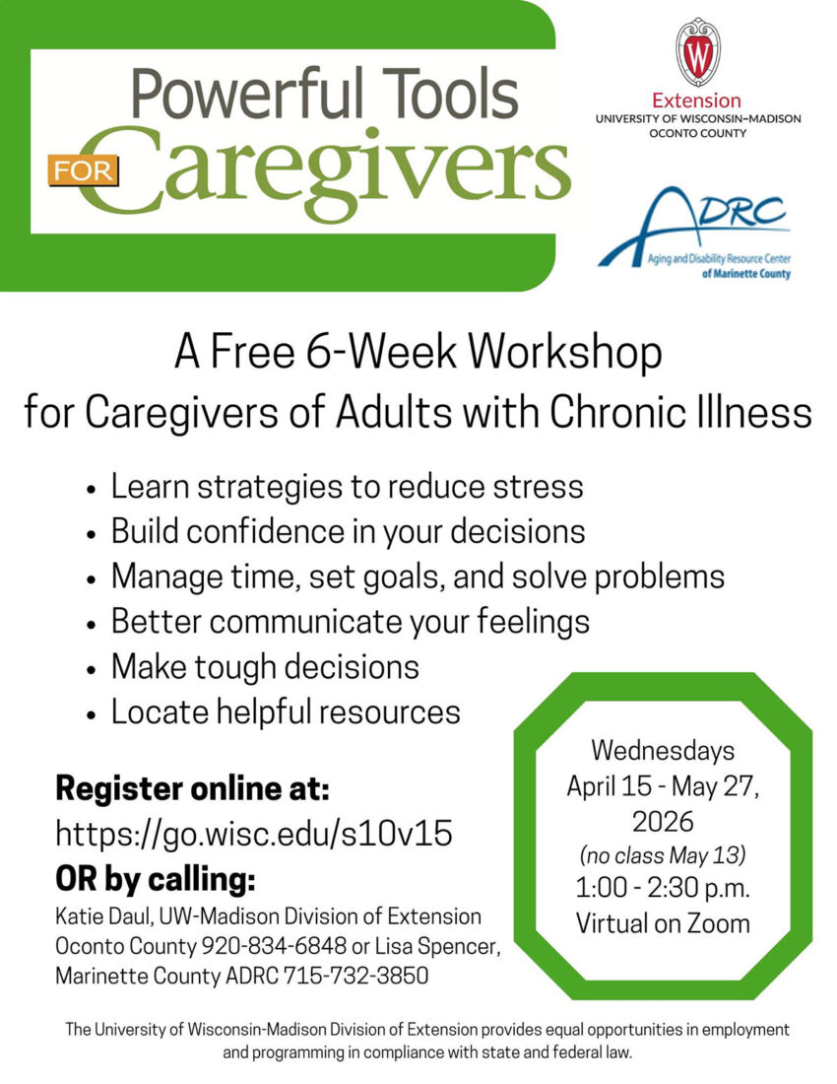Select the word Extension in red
click(697, 101)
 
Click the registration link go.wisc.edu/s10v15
click(254, 833)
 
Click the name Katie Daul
click(97, 916)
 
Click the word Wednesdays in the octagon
click(663, 750)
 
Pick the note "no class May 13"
click(663, 852)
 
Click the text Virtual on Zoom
click(663, 923)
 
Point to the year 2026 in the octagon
click(663, 820)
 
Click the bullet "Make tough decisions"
click(265, 667)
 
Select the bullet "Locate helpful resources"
click(286, 711)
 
